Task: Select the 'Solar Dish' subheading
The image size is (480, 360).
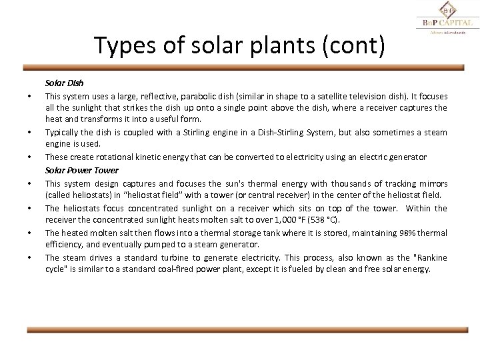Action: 63,84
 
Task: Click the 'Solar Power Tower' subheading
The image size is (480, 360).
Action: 81,171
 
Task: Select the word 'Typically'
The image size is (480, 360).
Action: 61,132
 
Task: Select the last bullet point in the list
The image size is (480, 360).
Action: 31,257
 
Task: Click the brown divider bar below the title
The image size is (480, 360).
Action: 244,67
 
